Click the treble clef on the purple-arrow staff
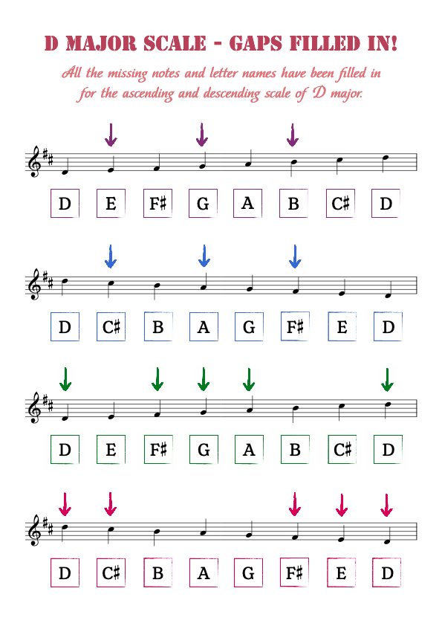(35, 161)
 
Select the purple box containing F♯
(157, 203)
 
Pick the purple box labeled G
(203, 203)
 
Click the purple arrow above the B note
(293, 135)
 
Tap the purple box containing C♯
(340, 203)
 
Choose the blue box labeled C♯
(111, 326)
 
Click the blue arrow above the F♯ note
(295, 256)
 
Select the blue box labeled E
(342, 326)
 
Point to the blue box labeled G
(249, 326)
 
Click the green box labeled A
(249, 450)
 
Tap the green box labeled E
(111, 450)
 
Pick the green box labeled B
(295, 450)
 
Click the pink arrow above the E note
(342, 505)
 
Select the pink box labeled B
(158, 572)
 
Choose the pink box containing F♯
(294, 572)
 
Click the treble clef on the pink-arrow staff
(35, 531)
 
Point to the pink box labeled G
(248, 572)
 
